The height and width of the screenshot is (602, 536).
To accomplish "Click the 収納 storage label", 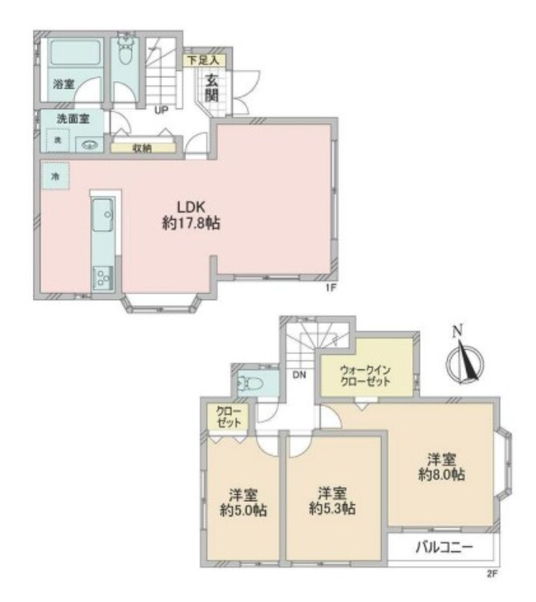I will (x=143, y=148).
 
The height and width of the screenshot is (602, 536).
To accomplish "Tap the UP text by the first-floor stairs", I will (x=160, y=111).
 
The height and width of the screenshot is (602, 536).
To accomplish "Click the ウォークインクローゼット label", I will (x=365, y=376).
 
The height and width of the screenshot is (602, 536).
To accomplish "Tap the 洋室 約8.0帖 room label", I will (x=441, y=467).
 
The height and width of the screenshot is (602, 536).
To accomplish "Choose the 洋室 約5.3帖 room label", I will (x=333, y=500).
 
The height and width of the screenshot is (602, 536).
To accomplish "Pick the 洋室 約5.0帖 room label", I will (x=244, y=502).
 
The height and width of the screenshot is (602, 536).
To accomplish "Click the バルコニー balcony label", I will (x=442, y=548).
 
